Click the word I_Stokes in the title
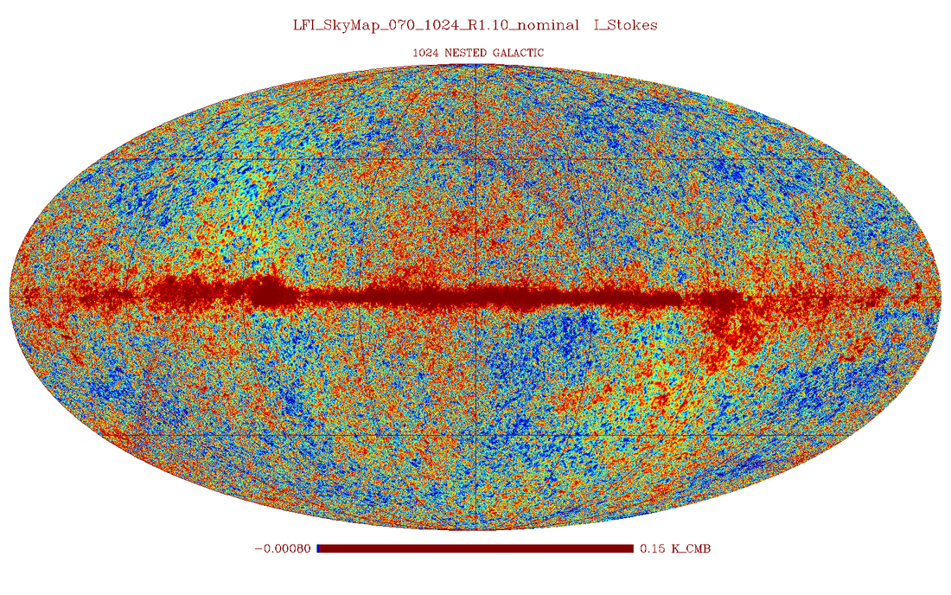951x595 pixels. tap(625, 25)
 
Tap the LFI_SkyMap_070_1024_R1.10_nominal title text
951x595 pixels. tap(436, 25)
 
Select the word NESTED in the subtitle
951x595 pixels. tap(465, 53)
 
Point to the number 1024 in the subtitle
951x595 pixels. tap(424, 53)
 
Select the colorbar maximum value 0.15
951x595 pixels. tap(649, 548)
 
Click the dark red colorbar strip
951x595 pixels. tap(476, 548)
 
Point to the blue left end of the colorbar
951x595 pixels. tap(319, 548)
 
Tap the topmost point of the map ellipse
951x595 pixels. tap(475, 65)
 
